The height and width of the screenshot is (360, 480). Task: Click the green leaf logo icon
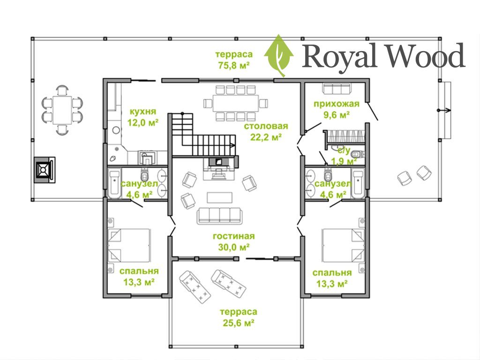279,56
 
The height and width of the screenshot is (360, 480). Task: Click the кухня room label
142,111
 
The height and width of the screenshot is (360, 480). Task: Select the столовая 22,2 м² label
266,132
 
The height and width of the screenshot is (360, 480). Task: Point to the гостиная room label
233,236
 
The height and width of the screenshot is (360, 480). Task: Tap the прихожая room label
337,104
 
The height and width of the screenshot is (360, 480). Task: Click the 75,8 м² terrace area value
233,65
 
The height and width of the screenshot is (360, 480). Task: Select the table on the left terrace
62,110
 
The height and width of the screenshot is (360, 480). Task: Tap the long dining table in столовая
236,103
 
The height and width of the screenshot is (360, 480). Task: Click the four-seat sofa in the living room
219,215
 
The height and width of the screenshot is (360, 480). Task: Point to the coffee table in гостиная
219,197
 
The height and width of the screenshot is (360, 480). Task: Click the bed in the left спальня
129,245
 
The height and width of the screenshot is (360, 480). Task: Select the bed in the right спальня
344,245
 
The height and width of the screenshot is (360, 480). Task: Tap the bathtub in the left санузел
114,183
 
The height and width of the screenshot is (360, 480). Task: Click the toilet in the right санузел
329,174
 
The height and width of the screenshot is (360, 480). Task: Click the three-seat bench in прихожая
337,89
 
